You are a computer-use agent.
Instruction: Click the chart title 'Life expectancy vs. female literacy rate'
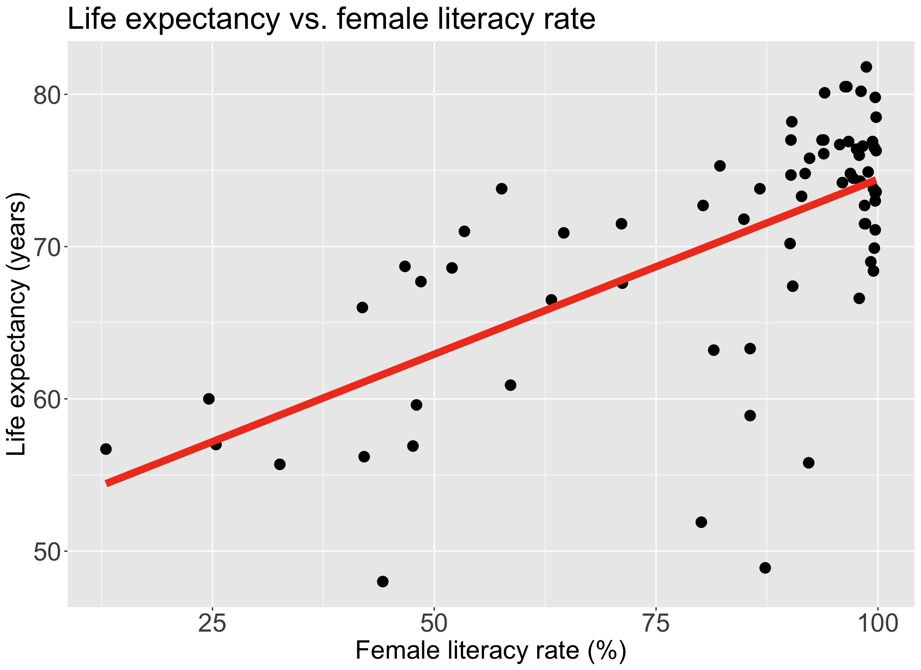331,19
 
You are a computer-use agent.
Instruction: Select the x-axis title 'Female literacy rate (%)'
491,651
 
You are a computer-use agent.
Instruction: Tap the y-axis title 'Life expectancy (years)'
17,324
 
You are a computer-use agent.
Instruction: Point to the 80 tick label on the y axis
47,96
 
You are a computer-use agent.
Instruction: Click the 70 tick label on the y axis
47,247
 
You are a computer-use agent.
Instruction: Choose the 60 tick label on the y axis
47,400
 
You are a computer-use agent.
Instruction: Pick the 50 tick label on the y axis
47,552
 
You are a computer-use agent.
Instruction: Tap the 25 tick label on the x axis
212,624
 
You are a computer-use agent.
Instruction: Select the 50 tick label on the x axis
434,624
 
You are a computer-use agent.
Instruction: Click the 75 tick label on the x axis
656,624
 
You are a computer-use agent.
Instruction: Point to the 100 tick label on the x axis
877,624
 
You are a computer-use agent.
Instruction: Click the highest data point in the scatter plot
866,67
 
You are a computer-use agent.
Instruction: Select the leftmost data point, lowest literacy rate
106,449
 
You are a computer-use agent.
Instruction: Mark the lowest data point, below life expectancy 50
383,581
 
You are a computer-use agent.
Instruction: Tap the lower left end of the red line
107,483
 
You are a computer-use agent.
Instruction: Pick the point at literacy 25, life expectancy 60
209,399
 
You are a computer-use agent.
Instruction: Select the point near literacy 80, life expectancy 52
701,522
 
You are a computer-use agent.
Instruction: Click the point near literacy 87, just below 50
765,568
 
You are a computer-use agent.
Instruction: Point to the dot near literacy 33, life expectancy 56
280,464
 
